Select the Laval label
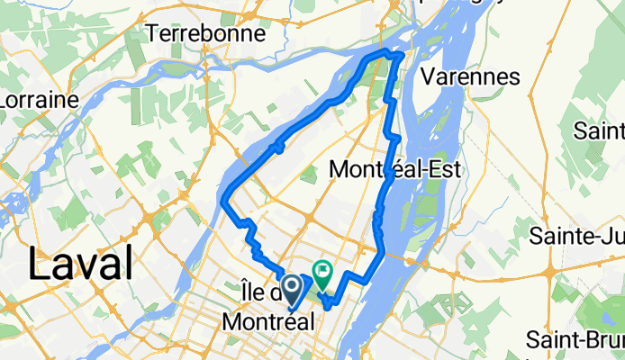pos(81,265)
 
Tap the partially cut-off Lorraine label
pos(39,100)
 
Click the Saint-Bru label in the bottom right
pos(575,341)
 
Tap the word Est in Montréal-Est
pos(445,168)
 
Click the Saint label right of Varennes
pos(601,131)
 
